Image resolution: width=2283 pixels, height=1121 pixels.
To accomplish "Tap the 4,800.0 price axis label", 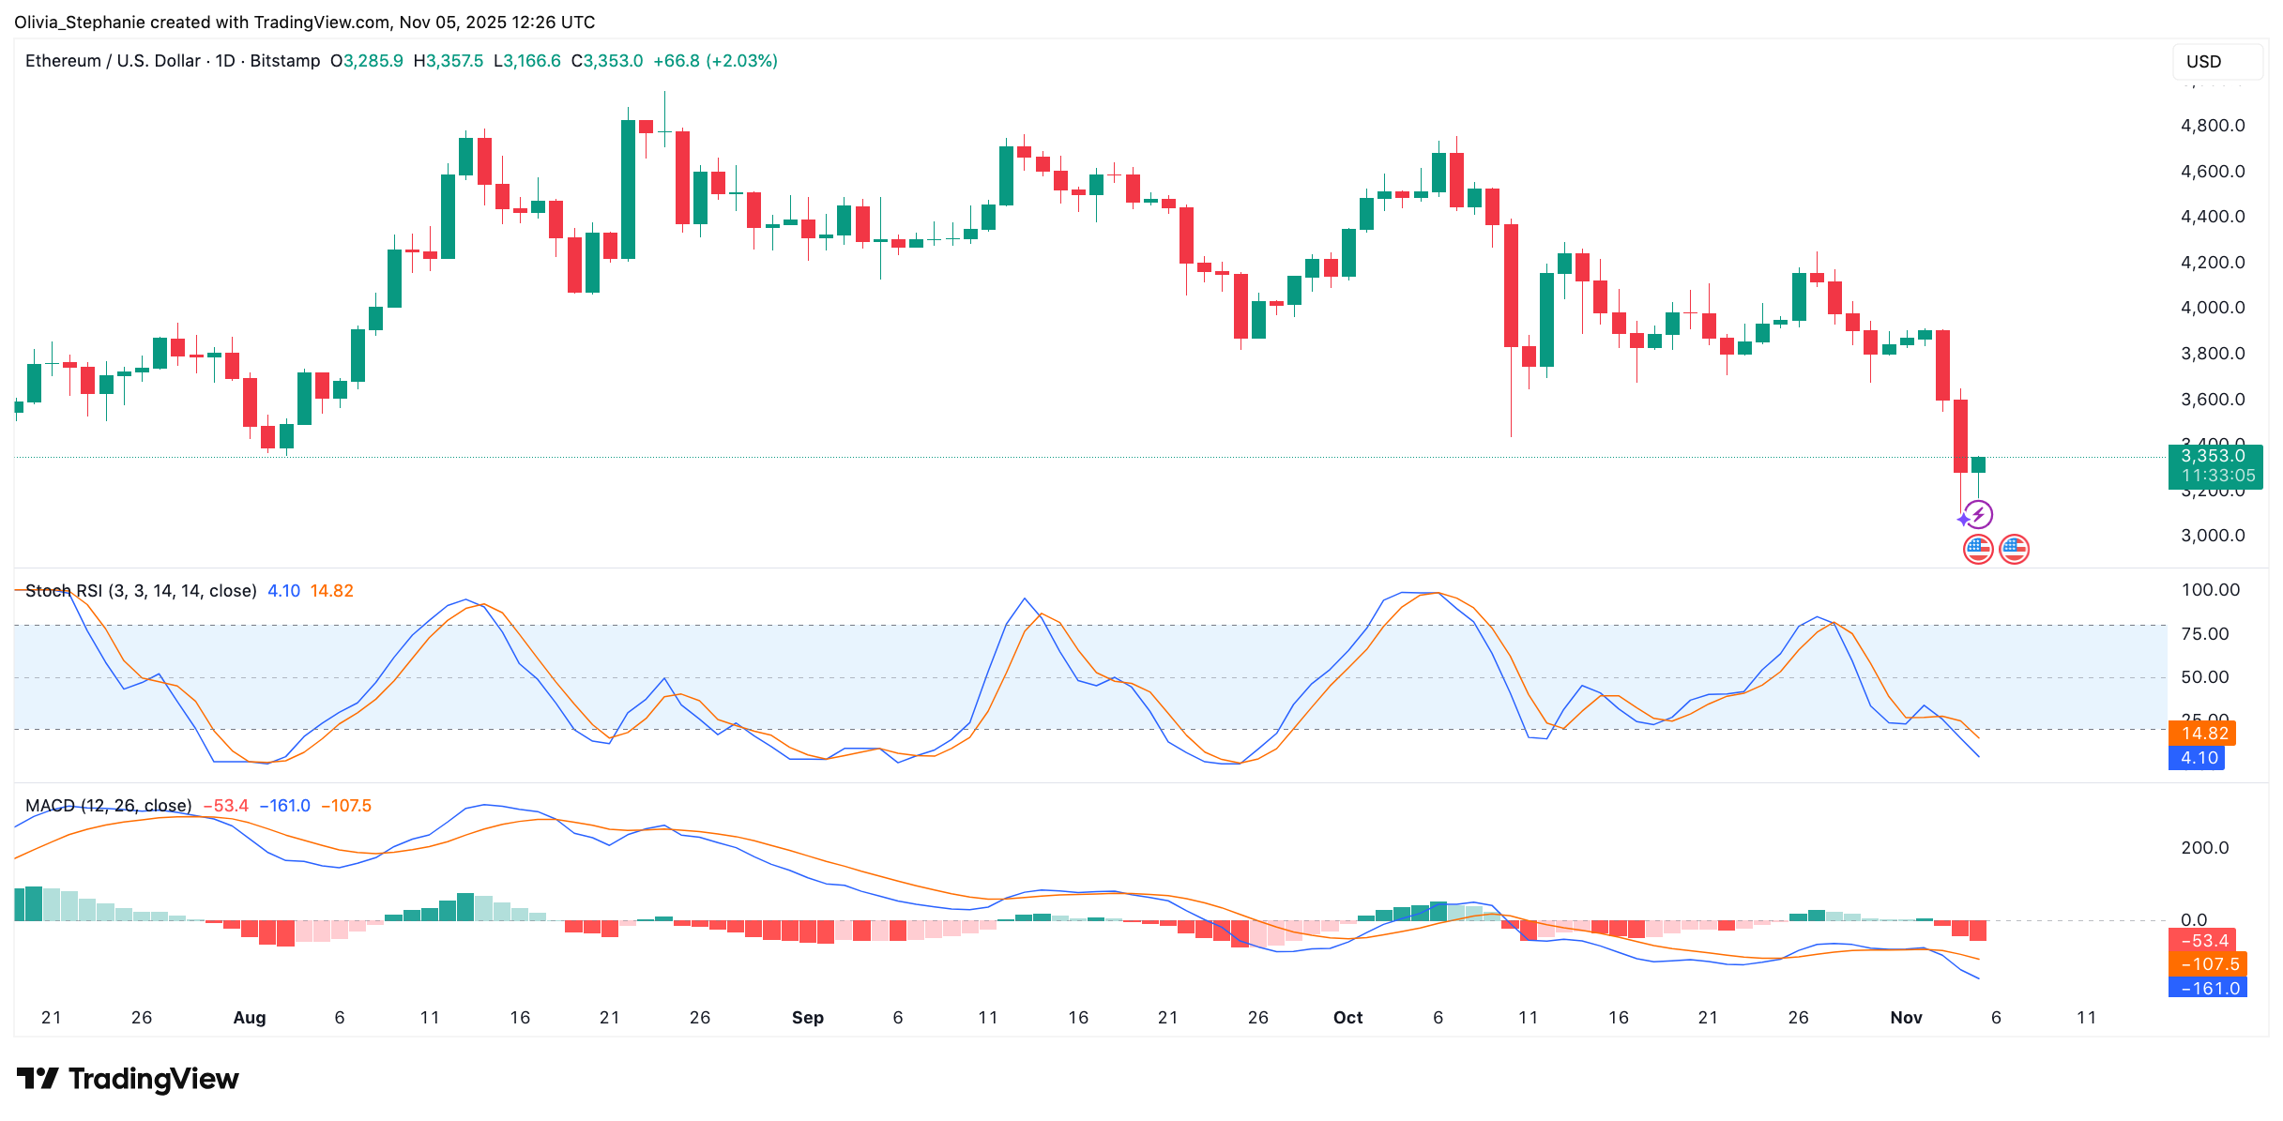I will pyautogui.click(x=2212, y=126).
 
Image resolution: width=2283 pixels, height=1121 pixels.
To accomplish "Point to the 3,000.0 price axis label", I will pyautogui.click(x=2212, y=536).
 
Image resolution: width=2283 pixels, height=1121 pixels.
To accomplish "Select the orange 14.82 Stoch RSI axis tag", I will pyautogui.click(x=2203, y=734).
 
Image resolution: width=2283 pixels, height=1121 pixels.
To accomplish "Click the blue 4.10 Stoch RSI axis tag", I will pyautogui.click(x=2199, y=758).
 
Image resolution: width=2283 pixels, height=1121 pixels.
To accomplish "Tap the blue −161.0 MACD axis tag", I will pyautogui.click(x=2208, y=989).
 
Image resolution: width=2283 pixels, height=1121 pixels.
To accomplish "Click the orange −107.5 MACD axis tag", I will pyautogui.click(x=2208, y=964).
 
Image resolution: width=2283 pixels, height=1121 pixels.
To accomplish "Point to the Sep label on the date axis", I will pyautogui.click(x=807, y=1018).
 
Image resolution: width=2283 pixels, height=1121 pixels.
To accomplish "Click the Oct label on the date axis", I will pyautogui.click(x=1347, y=1018).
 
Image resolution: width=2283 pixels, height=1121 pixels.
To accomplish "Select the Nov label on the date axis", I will pyautogui.click(x=1906, y=1018).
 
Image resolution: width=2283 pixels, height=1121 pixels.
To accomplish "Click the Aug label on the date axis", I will pyautogui.click(x=250, y=1018).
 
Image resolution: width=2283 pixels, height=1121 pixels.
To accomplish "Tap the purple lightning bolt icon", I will pyautogui.click(x=1979, y=514).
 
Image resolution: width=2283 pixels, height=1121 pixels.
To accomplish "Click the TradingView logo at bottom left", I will pyautogui.click(x=128, y=1079).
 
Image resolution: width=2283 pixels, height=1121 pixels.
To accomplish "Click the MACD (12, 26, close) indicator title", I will pyautogui.click(x=108, y=806).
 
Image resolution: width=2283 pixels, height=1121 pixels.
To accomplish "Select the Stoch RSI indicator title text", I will pyautogui.click(x=141, y=591).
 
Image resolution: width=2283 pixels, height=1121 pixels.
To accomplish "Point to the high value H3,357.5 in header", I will pyautogui.click(x=449, y=61).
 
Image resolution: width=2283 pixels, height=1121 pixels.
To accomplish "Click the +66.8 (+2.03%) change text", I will pyautogui.click(x=715, y=61).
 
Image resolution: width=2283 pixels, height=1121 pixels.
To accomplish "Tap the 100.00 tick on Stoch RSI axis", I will pyautogui.click(x=2210, y=590).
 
